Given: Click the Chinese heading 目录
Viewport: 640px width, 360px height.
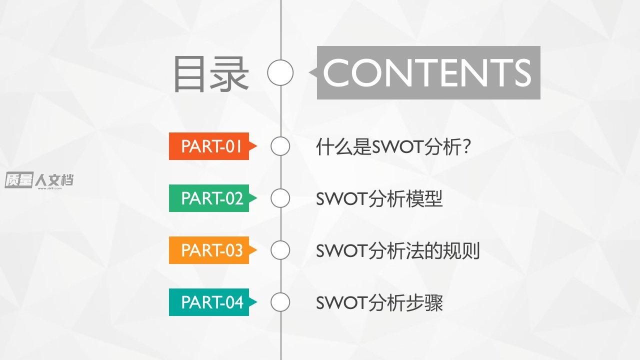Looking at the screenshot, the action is point(211,73).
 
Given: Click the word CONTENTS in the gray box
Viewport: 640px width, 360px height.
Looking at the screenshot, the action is point(427,72).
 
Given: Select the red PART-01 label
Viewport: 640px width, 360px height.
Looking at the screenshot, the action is point(213,146).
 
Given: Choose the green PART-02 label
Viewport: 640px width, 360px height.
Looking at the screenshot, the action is point(213,198).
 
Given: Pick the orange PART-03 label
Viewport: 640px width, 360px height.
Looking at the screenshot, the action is point(213,250).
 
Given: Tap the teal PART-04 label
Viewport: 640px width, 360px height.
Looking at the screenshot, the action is point(213,302).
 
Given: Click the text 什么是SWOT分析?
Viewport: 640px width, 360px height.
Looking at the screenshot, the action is point(393,146).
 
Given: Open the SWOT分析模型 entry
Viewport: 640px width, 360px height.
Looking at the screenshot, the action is point(379,198).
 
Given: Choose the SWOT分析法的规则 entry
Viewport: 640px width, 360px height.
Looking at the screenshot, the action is point(397,250).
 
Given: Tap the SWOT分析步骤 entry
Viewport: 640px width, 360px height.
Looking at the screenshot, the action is point(379,302).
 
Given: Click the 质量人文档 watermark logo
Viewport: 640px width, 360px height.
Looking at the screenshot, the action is point(39,180).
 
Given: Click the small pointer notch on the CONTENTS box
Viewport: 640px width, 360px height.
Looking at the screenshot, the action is point(313,72).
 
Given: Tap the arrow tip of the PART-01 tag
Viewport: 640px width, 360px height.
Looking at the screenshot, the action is point(257,146).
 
